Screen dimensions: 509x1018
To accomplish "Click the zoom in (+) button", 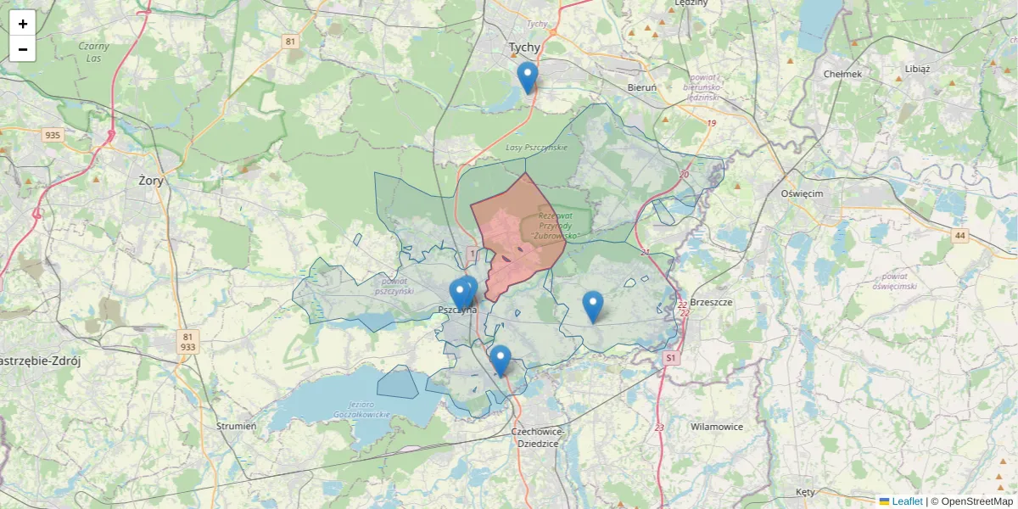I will (23, 24).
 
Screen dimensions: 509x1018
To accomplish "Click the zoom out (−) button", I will (23, 49).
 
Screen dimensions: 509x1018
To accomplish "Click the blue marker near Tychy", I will (528, 76).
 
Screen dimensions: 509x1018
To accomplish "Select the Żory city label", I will (151, 180).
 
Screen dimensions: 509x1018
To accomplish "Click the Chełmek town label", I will (842, 74).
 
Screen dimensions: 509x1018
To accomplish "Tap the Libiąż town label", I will (917, 69).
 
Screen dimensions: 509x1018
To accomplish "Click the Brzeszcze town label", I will (711, 302).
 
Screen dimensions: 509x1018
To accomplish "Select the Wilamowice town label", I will (717, 427).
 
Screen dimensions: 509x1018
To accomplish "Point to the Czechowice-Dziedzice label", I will (537, 437).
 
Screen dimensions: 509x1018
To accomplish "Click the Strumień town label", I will (236, 426).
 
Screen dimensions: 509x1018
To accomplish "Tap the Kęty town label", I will (805, 492).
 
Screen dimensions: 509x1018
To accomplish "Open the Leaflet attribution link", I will (906, 501).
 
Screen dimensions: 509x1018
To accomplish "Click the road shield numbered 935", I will (53, 135).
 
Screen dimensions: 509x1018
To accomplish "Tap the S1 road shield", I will (671, 359).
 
